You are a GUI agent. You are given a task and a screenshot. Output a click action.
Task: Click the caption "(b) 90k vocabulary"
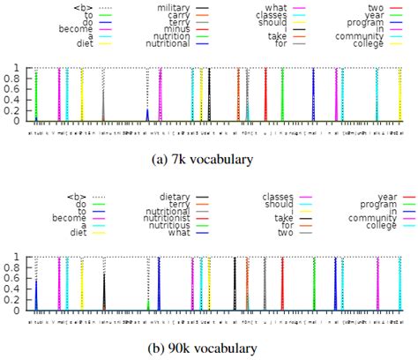(210, 349)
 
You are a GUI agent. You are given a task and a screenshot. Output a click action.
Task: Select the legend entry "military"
(172, 7)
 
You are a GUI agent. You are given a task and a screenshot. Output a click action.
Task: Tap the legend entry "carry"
(178, 17)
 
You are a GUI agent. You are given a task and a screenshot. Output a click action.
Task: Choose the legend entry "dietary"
(173, 197)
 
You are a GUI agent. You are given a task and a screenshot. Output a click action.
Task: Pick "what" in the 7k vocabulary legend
(276, 7)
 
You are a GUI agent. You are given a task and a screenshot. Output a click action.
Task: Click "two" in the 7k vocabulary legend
(375, 7)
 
